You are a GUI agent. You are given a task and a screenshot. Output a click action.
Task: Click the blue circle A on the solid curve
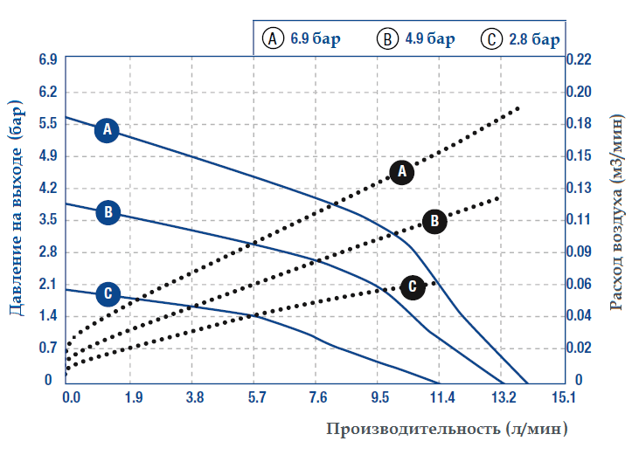click(x=107, y=130)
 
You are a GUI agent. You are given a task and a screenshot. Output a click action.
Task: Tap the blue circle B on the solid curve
click(x=107, y=211)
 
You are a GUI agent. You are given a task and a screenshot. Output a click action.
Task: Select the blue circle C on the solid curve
click(x=107, y=293)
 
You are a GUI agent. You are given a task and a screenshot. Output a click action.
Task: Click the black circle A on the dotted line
click(x=402, y=171)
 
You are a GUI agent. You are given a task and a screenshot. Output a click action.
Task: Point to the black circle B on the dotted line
click(x=434, y=221)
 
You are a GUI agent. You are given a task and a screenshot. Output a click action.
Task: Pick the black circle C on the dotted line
click(x=413, y=286)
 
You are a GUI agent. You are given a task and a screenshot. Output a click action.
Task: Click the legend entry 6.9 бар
click(x=302, y=39)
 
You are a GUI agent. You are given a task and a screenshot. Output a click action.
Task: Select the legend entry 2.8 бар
click(x=521, y=39)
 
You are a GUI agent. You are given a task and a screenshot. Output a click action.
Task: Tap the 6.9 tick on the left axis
click(x=47, y=59)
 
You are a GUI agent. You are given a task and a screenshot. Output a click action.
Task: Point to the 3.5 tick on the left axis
click(x=47, y=219)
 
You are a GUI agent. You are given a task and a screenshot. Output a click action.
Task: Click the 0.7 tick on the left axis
click(x=47, y=348)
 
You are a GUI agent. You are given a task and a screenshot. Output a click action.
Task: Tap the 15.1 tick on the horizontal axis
click(x=563, y=398)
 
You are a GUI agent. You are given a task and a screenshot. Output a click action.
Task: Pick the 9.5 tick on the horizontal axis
click(x=379, y=398)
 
